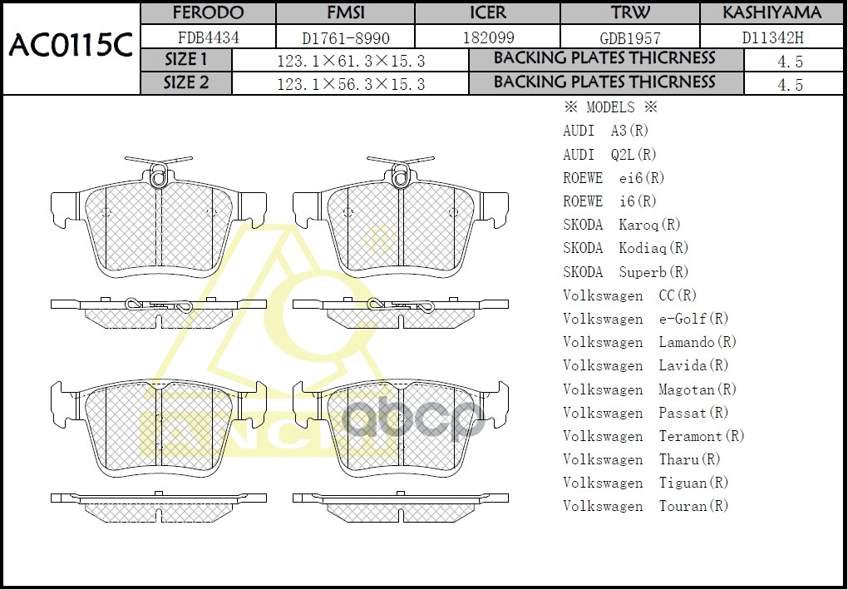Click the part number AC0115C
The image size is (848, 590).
(71, 47)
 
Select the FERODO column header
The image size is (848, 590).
(208, 13)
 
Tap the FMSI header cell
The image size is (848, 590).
(345, 13)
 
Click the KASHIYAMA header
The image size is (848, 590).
(772, 13)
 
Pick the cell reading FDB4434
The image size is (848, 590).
(208, 37)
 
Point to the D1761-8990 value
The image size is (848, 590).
(345, 37)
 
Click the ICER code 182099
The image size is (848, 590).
(487, 37)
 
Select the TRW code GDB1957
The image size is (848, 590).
(630, 37)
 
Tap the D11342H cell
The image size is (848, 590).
(772, 37)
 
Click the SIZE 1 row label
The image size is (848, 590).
(186, 60)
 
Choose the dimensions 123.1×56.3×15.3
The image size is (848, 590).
(350, 84)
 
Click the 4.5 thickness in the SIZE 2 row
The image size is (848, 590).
(790, 84)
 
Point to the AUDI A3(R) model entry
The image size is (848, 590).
(605, 131)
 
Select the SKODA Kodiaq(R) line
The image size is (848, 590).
(626, 248)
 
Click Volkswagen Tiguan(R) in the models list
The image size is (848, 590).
(645, 483)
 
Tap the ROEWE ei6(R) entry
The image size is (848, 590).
(614, 178)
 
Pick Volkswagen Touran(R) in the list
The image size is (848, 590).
(645, 506)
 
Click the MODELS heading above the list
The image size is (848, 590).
(610, 107)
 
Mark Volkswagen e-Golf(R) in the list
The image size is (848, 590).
(645, 319)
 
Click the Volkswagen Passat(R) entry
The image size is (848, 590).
(645, 413)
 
